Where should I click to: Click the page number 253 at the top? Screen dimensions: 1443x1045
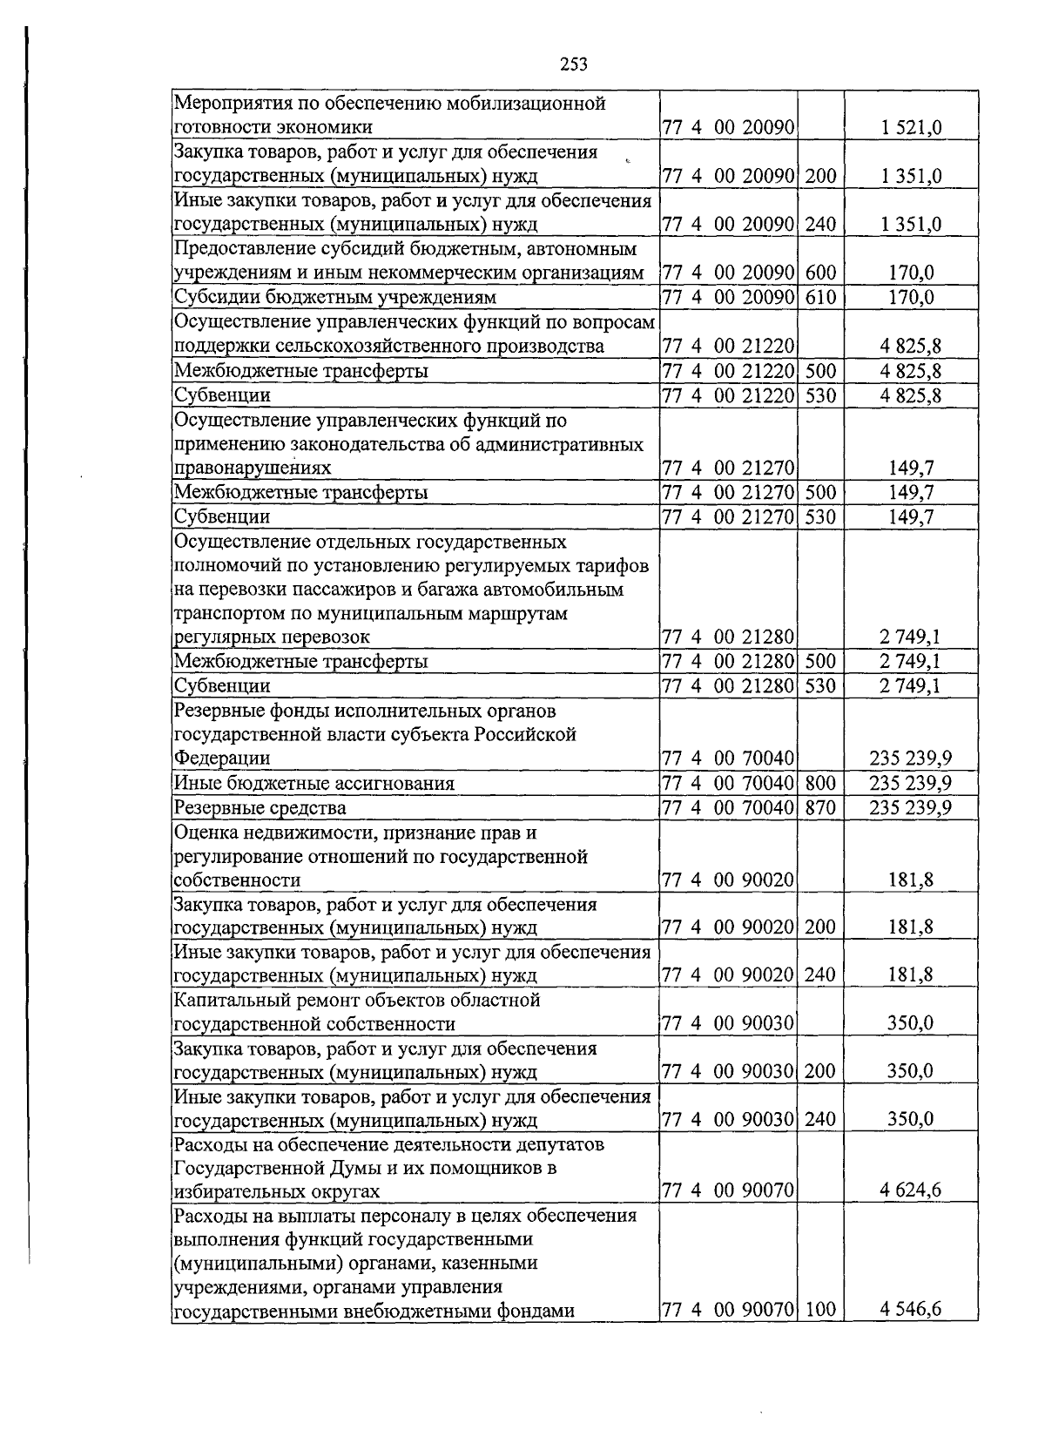(x=574, y=64)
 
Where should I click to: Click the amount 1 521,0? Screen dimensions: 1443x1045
(x=911, y=128)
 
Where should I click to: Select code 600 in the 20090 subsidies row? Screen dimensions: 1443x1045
(x=819, y=273)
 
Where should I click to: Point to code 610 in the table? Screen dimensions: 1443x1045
(x=819, y=297)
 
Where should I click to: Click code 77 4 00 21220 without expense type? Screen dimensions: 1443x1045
(x=728, y=347)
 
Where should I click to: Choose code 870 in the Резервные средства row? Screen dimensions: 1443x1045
(x=819, y=807)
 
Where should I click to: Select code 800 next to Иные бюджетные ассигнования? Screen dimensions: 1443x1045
(x=819, y=783)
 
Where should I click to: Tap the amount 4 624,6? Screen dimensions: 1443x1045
(x=911, y=1190)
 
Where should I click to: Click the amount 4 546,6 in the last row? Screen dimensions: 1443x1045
(x=911, y=1309)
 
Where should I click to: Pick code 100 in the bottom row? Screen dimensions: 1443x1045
(x=819, y=1309)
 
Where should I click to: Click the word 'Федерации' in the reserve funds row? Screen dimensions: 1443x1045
(x=222, y=758)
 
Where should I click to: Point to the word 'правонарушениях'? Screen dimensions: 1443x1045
(x=253, y=468)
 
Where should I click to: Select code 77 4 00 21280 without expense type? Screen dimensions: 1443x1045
(x=728, y=637)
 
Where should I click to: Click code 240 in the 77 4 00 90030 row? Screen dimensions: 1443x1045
(x=819, y=1119)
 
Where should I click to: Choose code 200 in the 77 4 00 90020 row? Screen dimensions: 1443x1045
(x=819, y=927)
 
